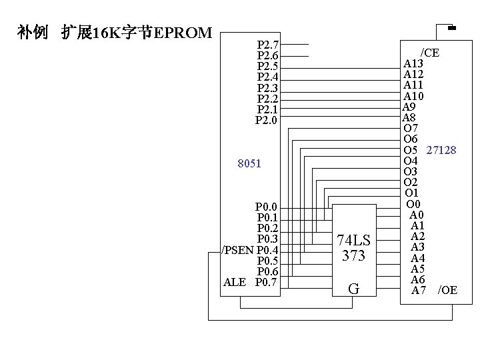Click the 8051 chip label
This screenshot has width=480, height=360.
coord(249,163)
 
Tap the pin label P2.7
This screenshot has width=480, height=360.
coord(268,45)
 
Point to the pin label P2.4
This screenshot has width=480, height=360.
coord(268,77)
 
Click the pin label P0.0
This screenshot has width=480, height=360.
coord(267,207)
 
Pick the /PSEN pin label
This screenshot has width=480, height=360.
coord(237,250)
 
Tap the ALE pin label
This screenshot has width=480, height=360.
coord(234,282)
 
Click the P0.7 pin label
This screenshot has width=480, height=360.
coord(267,282)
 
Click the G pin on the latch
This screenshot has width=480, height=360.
coord(354,289)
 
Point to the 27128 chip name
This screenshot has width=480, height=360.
coord(441,150)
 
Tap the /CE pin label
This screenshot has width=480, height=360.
coord(429,53)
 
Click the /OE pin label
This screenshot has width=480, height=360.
coord(447,290)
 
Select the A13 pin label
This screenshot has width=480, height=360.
coord(413,63)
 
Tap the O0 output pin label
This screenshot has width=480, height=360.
coord(413,203)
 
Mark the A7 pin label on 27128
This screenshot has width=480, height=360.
coord(418,290)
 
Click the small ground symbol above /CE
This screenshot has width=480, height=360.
coord(451,28)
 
